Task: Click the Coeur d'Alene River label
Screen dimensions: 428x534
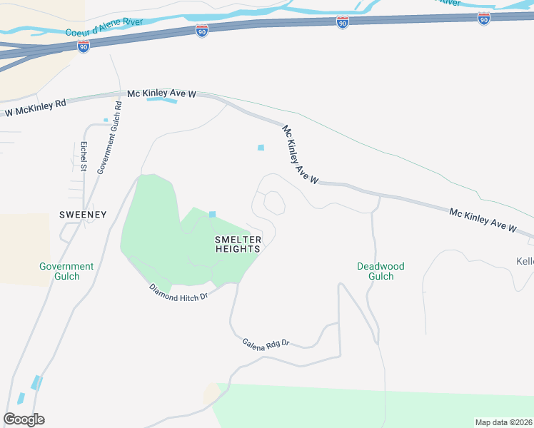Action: pyautogui.click(x=104, y=27)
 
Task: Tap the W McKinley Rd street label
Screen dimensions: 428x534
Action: pyautogui.click(x=35, y=108)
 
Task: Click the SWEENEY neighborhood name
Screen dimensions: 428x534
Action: pyautogui.click(x=83, y=214)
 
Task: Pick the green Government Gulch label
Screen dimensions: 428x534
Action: pyautogui.click(x=66, y=271)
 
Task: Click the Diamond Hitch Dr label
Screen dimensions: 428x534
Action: pyautogui.click(x=178, y=291)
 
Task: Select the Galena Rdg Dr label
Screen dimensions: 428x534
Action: pyautogui.click(x=265, y=344)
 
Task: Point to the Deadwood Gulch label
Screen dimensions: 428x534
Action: pyautogui.click(x=381, y=271)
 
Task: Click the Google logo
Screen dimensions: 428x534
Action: pyautogui.click(x=24, y=419)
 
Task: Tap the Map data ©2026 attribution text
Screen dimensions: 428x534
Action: pyautogui.click(x=503, y=422)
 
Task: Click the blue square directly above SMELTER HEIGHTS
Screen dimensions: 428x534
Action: pyautogui.click(x=212, y=215)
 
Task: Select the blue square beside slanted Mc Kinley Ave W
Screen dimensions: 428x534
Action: pyautogui.click(x=261, y=148)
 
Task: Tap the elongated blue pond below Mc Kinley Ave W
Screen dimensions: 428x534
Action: pyautogui.click(x=161, y=101)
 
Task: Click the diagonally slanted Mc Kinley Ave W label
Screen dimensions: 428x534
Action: pyautogui.click(x=300, y=155)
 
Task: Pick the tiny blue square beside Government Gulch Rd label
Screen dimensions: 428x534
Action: pyautogui.click(x=106, y=120)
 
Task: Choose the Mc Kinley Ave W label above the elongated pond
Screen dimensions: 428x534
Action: pyautogui.click(x=161, y=93)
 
